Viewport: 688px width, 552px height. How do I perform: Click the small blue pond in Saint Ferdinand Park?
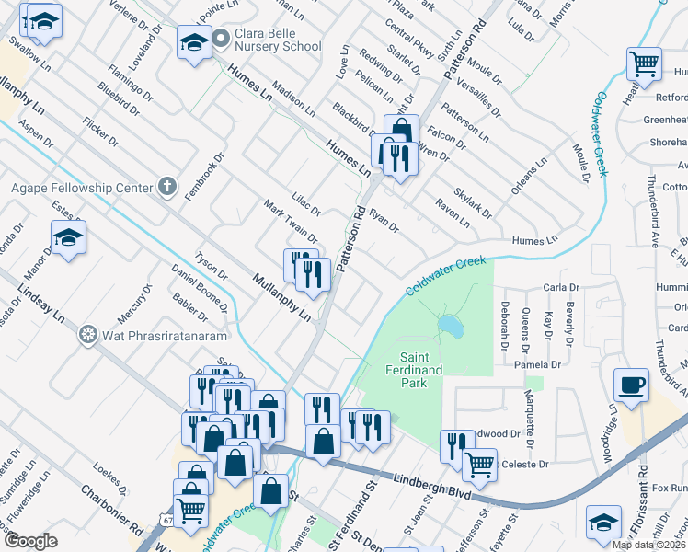pos(451,326)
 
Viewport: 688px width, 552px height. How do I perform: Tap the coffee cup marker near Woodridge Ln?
pos(631,385)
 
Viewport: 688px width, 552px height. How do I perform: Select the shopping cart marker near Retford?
pos(644,64)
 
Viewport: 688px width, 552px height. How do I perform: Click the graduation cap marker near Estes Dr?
pos(68,237)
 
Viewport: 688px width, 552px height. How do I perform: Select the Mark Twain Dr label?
pos(291,223)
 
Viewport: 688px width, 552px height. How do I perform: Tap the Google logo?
pos(30,541)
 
